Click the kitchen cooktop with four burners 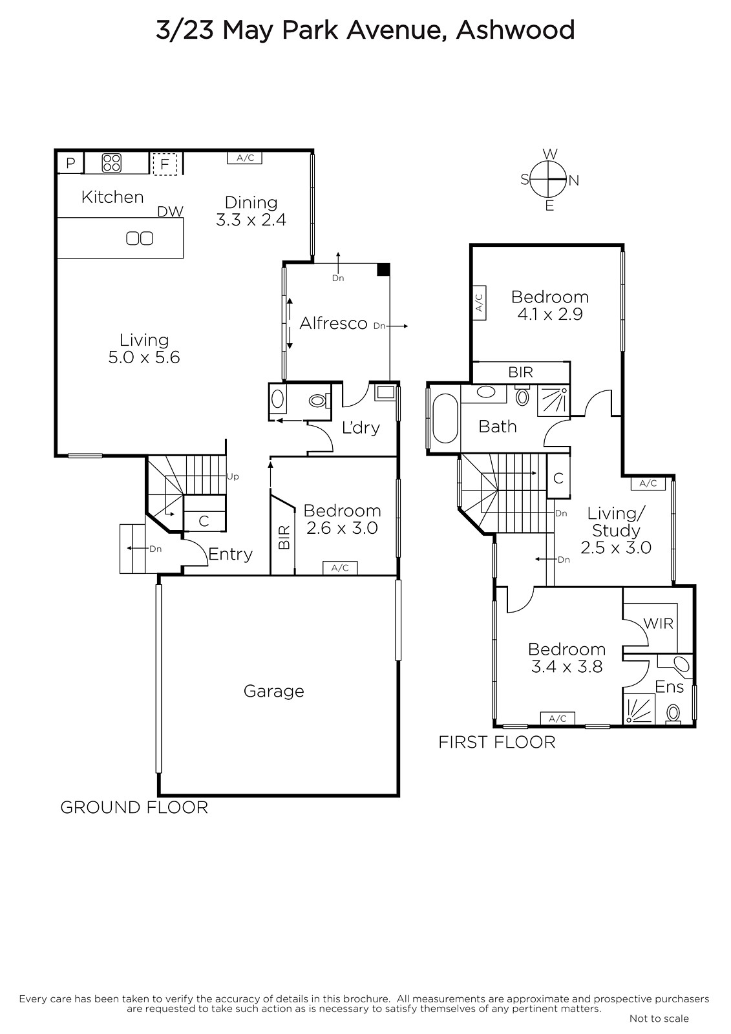112,162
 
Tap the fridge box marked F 165,164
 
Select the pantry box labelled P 70,163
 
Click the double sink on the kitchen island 140,238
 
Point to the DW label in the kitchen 171,211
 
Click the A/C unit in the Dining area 245,158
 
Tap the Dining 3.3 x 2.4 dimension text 251,220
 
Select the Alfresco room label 333,323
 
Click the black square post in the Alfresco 383,269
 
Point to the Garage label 274,691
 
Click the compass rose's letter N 573,180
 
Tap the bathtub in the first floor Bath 445,418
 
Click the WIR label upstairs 658,624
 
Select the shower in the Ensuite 639,710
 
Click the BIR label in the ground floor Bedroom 284,537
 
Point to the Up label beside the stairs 233,476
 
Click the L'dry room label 361,428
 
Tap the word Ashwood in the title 515,30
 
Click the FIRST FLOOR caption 496,743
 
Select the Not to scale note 659,1018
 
